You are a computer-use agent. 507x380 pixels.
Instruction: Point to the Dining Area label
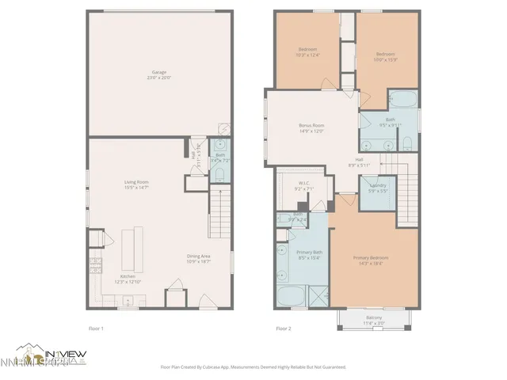[x=199, y=257]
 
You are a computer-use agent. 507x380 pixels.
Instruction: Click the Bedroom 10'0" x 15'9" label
[x=385, y=55]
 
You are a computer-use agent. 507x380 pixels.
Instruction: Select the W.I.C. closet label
[x=304, y=187]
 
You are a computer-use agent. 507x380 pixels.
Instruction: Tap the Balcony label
[x=372, y=321]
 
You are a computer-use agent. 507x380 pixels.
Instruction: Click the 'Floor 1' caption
[x=95, y=327]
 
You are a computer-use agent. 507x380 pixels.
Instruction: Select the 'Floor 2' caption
[x=284, y=327]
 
